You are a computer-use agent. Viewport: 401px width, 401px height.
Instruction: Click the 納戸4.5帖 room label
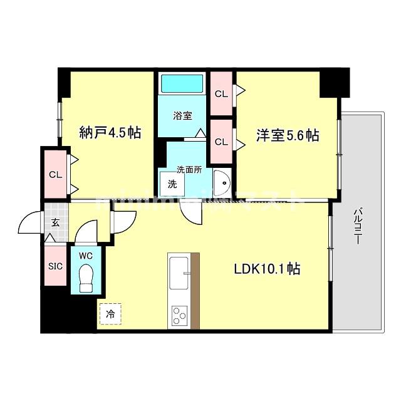(110, 133)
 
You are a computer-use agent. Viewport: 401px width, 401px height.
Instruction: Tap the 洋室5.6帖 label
(287, 135)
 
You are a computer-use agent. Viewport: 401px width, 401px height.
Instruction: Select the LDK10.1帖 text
(266, 269)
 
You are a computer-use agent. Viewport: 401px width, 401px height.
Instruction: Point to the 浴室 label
(182, 115)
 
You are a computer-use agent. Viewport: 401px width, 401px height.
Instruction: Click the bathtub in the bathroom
(182, 84)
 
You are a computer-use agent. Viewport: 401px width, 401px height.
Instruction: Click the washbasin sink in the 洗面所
(221, 183)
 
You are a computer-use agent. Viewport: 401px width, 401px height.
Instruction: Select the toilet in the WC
(87, 276)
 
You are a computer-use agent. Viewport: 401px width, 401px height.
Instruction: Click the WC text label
(86, 256)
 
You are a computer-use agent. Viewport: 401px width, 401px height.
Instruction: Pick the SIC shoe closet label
(55, 265)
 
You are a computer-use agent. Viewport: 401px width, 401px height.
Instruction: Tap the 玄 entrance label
(55, 222)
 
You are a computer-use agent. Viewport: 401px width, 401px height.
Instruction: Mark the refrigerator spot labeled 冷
(110, 314)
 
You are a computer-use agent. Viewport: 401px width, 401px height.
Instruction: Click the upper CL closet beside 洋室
(221, 94)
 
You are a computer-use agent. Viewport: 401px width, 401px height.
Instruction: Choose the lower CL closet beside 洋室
(221, 142)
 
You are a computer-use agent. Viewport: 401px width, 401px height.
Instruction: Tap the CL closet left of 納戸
(55, 174)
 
